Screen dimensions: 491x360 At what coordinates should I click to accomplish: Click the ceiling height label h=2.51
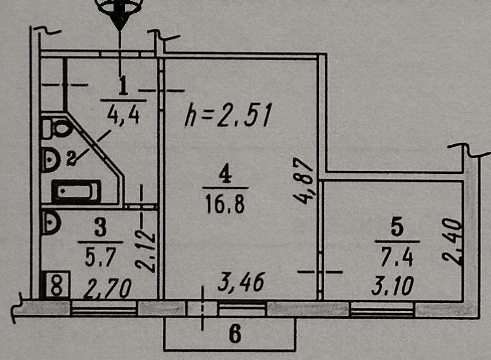[227, 115]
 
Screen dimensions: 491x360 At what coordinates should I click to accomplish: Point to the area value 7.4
[396, 257]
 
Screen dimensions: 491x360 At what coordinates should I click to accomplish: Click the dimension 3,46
[241, 283]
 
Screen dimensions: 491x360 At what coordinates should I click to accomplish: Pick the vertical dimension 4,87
[303, 181]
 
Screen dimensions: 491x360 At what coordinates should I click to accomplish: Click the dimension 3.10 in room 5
[393, 286]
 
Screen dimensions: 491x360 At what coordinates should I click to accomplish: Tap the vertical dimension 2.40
[452, 242]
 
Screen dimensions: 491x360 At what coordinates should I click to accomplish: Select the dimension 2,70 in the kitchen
[107, 288]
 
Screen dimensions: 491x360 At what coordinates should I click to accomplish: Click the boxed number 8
[56, 284]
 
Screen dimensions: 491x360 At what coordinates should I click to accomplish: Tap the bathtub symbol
[76, 191]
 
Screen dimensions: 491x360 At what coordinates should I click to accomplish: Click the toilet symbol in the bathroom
[56, 128]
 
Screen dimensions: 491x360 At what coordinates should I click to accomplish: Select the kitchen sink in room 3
[50, 222]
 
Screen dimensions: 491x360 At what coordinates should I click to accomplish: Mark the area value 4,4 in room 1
[123, 115]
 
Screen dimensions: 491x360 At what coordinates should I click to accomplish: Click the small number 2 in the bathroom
[72, 158]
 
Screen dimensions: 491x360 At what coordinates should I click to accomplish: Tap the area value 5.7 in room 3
[100, 257]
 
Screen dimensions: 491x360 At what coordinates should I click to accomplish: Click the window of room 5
[382, 309]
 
